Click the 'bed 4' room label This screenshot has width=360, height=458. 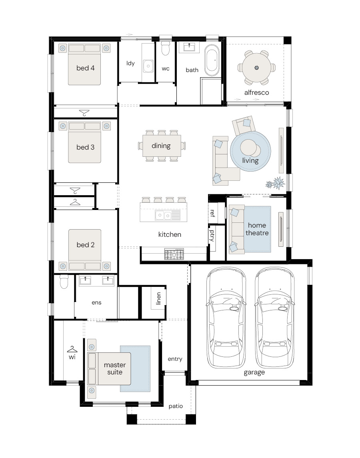[85, 68]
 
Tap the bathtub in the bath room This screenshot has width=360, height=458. [212, 60]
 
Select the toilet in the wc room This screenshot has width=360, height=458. [165, 48]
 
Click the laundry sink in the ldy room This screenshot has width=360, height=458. [148, 66]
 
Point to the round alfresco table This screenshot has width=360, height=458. [256, 68]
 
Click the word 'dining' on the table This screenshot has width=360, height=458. [161, 146]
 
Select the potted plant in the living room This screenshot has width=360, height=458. [275, 184]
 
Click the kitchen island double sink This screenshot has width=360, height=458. [163, 216]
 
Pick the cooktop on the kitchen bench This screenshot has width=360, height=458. [174, 254]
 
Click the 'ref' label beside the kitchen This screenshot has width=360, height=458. [212, 213]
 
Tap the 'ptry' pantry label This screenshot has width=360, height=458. [212, 236]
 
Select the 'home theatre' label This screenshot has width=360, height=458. [257, 229]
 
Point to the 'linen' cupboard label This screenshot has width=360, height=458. [158, 298]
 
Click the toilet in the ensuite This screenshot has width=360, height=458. [64, 281]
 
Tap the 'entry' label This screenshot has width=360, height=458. [175, 359]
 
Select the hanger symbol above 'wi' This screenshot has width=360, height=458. [72, 349]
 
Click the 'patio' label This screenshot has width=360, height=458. [176, 406]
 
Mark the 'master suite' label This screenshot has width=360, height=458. [115, 368]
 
